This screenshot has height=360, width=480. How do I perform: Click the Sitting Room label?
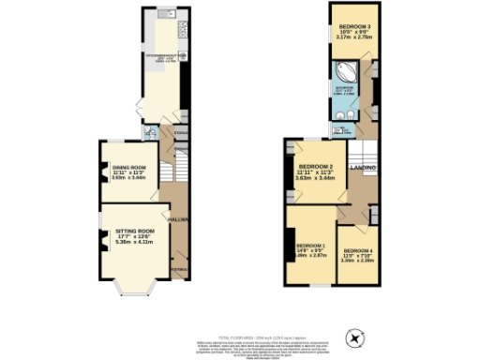coord(134,230)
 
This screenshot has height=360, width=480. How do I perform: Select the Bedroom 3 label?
coord(353,25)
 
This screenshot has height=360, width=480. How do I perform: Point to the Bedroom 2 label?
coord(314,166)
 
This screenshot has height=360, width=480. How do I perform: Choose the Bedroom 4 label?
coord(357,251)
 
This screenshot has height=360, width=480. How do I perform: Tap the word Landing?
coord(364,168)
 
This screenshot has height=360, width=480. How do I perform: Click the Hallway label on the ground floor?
coord(178,219)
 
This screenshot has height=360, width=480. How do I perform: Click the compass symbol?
coord(354,335)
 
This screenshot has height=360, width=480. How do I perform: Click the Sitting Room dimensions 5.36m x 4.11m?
coord(134,242)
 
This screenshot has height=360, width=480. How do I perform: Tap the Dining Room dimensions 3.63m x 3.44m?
coord(125,177)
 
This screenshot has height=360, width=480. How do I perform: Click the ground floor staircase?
coord(166,171)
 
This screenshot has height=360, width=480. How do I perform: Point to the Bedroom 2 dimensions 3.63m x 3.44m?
coord(314,178)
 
